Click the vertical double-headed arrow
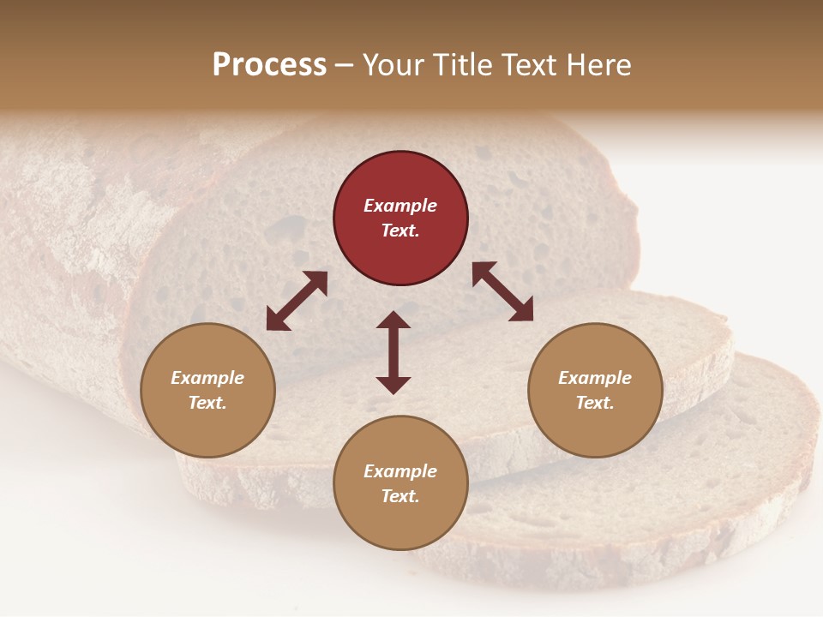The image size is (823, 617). tap(393, 352)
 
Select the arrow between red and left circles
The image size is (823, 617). tap(297, 301)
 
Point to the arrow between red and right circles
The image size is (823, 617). tap(502, 291)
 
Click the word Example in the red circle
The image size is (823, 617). tap(400, 206)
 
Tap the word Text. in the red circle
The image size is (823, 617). tap(400, 231)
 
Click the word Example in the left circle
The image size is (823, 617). tap(207, 378)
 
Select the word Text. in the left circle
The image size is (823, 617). tap(207, 403)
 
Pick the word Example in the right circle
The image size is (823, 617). tap(595, 378)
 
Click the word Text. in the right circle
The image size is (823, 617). tap(595, 403)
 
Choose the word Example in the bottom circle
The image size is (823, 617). tap(400, 471)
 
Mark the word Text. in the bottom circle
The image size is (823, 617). tap(400, 496)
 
